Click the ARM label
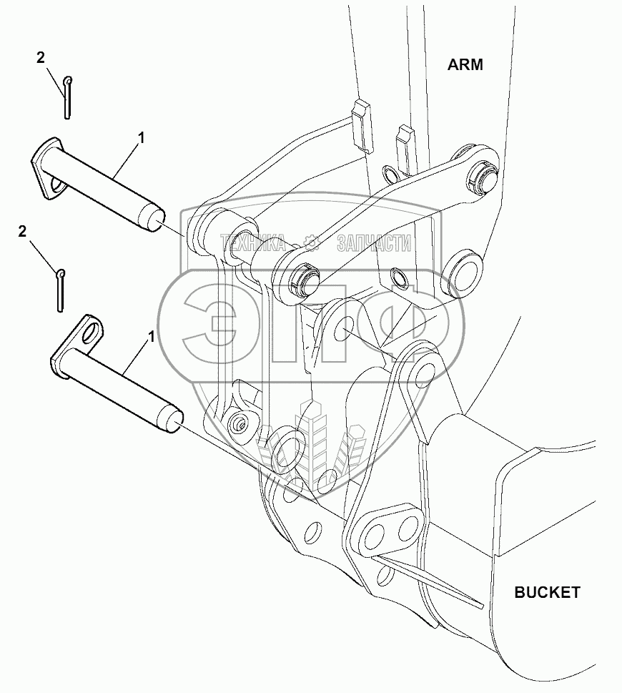pyautogui.click(x=465, y=65)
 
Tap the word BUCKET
pyautogui.click(x=547, y=592)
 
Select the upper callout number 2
pyautogui.click(x=41, y=58)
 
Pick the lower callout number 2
pyautogui.click(x=23, y=231)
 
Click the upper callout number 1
pyautogui.click(x=141, y=138)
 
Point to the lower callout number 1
pyautogui.click(x=151, y=335)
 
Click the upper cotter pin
pyautogui.click(x=66, y=97)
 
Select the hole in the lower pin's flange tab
pyautogui.click(x=89, y=331)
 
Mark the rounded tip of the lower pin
pyautogui.click(x=172, y=420)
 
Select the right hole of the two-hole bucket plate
pyautogui.click(x=408, y=529)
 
